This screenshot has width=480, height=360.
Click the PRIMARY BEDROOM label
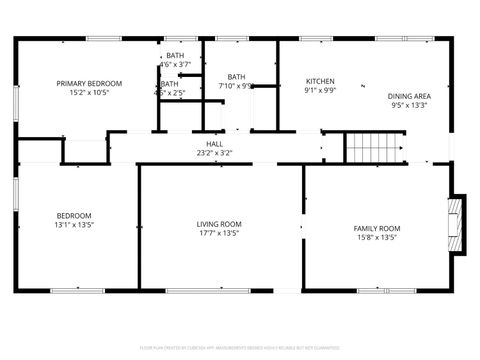click(89, 83)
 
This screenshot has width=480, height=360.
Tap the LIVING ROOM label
click(219, 224)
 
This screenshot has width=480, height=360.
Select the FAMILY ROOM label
click(376, 228)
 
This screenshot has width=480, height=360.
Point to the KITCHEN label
click(320, 81)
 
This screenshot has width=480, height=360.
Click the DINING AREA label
click(408, 96)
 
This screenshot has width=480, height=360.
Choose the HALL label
click(214, 144)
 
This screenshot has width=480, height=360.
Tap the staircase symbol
click(372, 147)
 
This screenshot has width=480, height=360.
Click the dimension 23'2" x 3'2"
click(214, 154)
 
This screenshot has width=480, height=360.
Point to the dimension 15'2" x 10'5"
click(89, 93)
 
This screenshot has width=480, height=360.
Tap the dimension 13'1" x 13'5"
click(74, 226)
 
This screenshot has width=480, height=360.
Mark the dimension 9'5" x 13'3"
click(408, 106)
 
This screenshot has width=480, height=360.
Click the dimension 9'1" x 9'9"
click(320, 91)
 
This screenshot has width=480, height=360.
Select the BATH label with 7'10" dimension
click(236, 77)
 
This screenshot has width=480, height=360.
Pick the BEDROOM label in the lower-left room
click(74, 216)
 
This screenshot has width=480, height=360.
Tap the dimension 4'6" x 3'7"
click(175, 65)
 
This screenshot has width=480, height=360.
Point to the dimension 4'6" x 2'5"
click(171, 93)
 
